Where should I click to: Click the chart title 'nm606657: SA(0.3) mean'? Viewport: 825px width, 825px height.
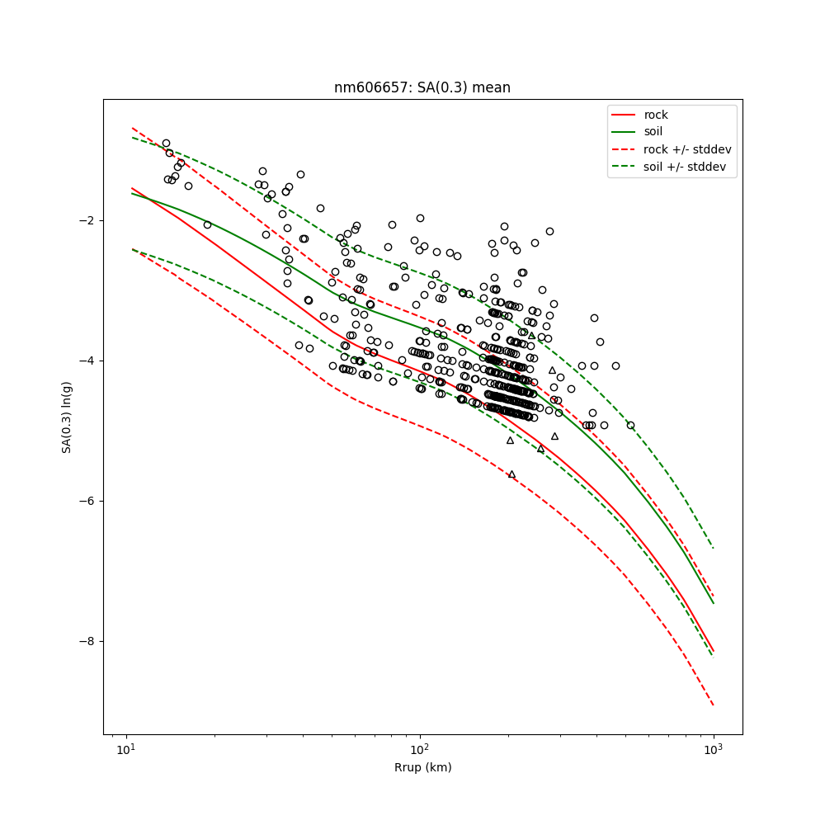pyautogui.click(x=422, y=87)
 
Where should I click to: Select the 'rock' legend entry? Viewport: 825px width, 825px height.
pyautogui.click(x=656, y=115)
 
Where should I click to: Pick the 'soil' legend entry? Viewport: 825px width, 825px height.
pyautogui.click(x=653, y=131)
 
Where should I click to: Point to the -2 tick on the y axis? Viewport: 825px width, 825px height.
pyautogui.click(x=88, y=220)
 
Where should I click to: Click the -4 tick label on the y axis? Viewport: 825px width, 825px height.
pyautogui.click(x=88, y=361)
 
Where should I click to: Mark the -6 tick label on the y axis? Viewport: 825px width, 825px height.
pyautogui.click(x=88, y=501)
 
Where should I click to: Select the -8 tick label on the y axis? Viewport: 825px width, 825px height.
pyautogui.click(x=88, y=641)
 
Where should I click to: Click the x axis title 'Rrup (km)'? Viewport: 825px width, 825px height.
pyautogui.click(x=422, y=767)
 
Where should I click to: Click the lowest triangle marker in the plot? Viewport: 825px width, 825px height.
pyautogui.click(x=511, y=474)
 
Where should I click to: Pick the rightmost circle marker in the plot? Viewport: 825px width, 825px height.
pyautogui.click(x=630, y=425)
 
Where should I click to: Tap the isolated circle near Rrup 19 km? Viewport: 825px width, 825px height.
pyautogui.click(x=207, y=224)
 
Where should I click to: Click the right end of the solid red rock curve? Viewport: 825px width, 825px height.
pyautogui.click(x=714, y=651)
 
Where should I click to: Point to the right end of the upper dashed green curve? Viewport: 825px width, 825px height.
pyautogui.click(x=714, y=549)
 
